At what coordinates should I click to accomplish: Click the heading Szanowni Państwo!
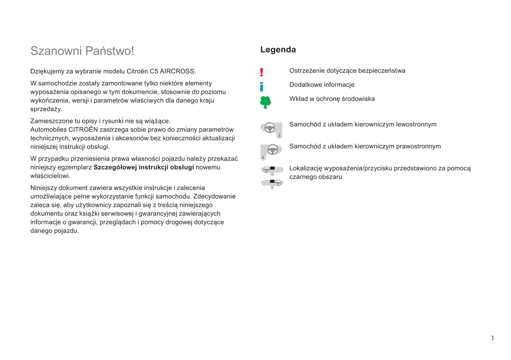pyautogui.click(x=82, y=51)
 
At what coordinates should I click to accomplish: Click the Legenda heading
pyautogui.click(x=278, y=49)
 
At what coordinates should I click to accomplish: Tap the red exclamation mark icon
pyautogui.click(x=262, y=72)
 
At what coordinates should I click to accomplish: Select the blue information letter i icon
pyautogui.click(x=262, y=87)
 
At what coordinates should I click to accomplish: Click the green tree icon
pyautogui.click(x=266, y=102)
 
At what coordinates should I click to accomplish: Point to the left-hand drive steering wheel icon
pyautogui.click(x=271, y=129)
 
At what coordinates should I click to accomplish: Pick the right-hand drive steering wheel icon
pyautogui.click(x=271, y=151)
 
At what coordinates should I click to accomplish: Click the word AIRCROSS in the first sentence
pyautogui.click(x=178, y=71)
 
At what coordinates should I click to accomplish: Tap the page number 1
pyautogui.click(x=492, y=338)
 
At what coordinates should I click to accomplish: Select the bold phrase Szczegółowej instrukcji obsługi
pyautogui.click(x=144, y=167)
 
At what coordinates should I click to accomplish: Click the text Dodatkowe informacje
pyautogui.click(x=322, y=85)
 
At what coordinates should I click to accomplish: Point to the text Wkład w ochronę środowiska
pyautogui.click(x=332, y=99)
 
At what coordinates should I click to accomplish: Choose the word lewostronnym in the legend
pyautogui.click(x=416, y=124)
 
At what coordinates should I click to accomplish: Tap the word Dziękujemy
pyautogui.click(x=47, y=71)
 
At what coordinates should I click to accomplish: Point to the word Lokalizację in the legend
pyautogui.click(x=306, y=169)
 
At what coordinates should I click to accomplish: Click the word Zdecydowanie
pyautogui.click(x=214, y=196)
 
